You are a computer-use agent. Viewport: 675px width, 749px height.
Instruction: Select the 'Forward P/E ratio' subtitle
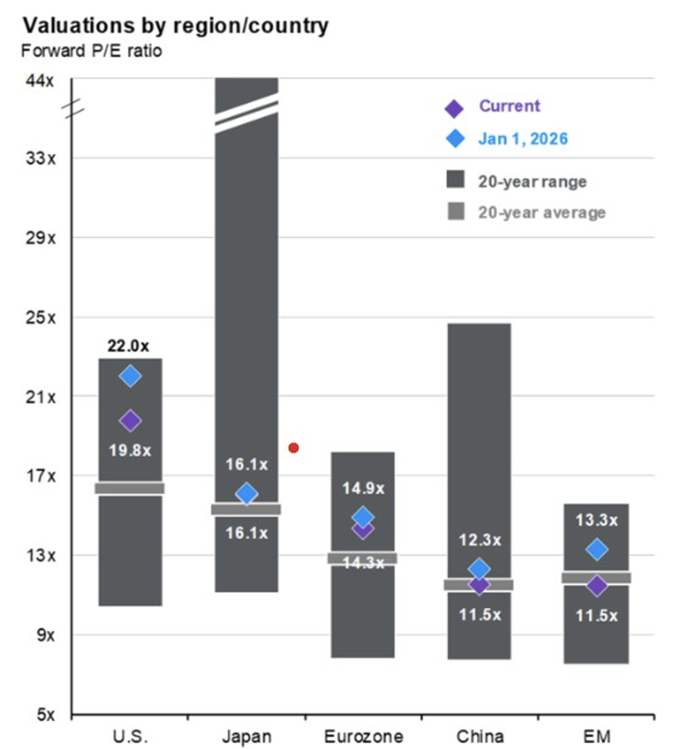92,51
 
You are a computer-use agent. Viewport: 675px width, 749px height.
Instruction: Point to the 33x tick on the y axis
41,158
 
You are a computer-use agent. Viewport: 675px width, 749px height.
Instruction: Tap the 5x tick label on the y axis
46,714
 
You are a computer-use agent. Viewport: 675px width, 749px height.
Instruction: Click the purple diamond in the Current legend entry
454,109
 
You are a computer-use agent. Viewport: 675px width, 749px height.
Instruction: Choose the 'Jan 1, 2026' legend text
523,139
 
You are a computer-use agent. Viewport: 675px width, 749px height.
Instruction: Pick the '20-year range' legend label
532,181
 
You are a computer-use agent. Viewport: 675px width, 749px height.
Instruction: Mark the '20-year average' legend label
542,212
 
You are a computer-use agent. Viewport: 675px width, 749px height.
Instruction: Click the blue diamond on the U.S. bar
130,376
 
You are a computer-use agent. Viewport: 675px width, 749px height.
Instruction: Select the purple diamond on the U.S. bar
130,421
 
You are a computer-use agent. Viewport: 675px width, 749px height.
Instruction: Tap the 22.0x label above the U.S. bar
128,346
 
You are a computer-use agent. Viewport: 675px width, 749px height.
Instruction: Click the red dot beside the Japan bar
294,448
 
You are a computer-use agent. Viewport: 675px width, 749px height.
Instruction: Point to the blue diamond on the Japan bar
247,494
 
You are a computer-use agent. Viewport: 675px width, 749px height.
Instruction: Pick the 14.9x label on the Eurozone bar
363,488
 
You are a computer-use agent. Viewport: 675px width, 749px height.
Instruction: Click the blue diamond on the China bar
479,569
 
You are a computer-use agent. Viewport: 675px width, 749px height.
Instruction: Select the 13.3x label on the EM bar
597,520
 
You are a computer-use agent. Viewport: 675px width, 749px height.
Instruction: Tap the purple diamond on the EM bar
597,586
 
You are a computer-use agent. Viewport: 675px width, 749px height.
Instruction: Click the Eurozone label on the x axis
363,737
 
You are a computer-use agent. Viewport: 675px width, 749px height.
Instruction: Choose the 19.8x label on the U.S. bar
130,450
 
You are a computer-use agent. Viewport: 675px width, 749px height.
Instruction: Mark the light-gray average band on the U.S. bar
130,488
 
